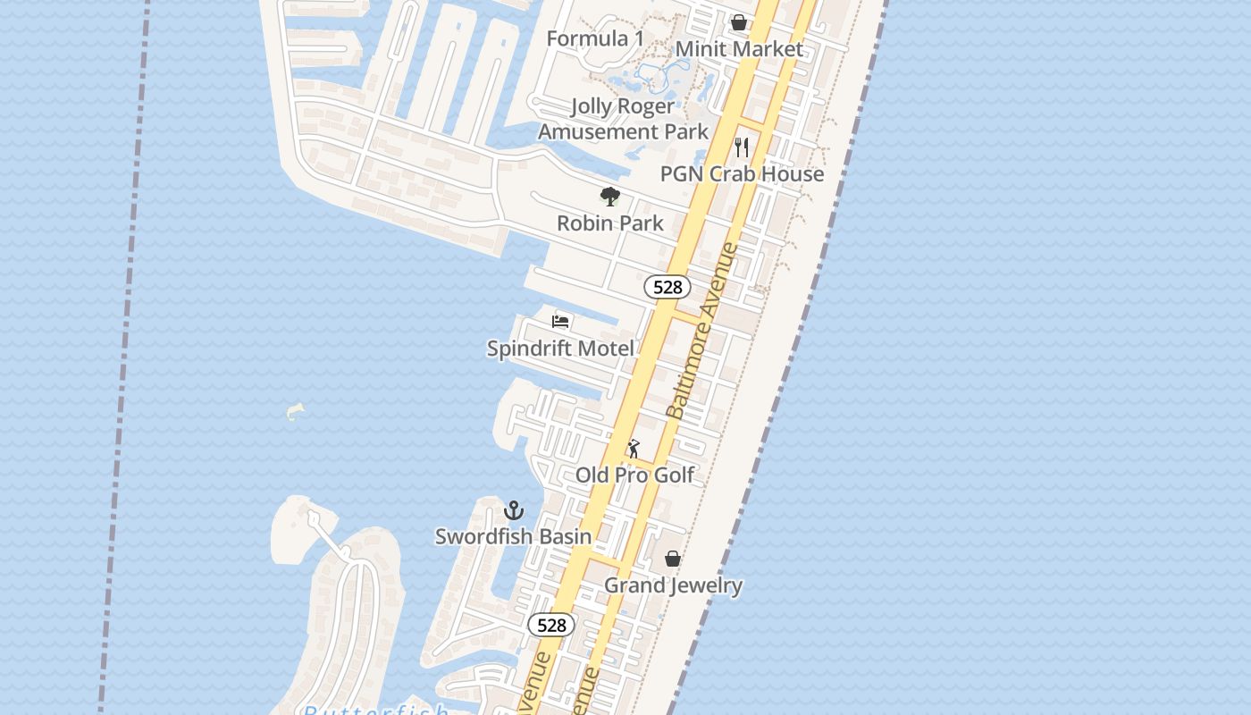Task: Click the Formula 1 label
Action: pos(594,38)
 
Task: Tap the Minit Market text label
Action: pos(739,49)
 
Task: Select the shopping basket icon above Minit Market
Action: pos(739,22)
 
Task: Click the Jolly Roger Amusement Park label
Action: pos(623,119)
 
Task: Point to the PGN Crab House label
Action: pos(742,173)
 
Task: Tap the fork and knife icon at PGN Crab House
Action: pos(742,147)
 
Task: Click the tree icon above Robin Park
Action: pos(610,197)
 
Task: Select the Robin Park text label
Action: pos(610,223)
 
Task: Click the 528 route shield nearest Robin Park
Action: pos(667,287)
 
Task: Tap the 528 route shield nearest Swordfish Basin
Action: pos(551,625)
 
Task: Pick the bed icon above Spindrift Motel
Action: pos(560,322)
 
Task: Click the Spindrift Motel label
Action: pos(560,349)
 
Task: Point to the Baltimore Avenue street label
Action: pos(703,331)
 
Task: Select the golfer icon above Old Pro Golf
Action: pos(634,449)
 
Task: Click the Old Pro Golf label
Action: pos(634,475)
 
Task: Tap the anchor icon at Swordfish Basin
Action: pos(514,510)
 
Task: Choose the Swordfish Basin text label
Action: pos(513,536)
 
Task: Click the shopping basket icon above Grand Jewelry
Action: pos(673,559)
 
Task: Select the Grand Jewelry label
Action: pos(674,585)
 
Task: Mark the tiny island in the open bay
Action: pos(295,412)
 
